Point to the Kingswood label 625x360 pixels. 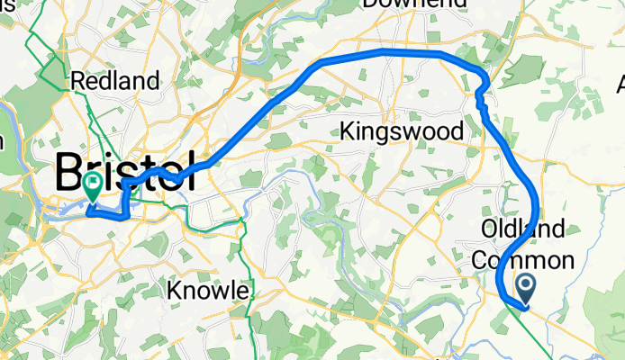pyautogui.click(x=402, y=131)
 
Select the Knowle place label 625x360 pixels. pyautogui.click(x=209, y=291)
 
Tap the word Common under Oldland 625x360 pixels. pyautogui.click(x=523, y=261)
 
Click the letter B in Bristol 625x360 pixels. pyautogui.click(x=70, y=171)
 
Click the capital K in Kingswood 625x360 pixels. pyautogui.click(x=348, y=132)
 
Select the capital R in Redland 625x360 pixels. pyautogui.click(x=77, y=81)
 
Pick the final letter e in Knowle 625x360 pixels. pyautogui.click(x=242, y=292)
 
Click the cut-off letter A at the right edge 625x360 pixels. pyautogui.click(x=620, y=85)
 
